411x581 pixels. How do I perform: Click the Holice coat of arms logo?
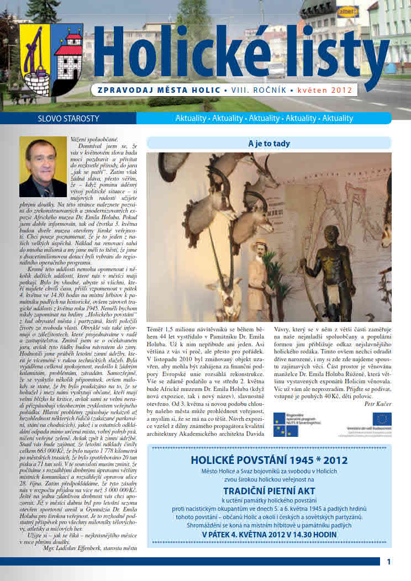coord(50,59)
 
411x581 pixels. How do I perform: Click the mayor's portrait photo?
coord(43,167)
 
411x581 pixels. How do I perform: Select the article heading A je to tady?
coord(268,144)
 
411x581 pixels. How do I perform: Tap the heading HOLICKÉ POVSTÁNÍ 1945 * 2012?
coord(269,460)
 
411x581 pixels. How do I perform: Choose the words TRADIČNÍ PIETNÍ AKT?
coord(269,492)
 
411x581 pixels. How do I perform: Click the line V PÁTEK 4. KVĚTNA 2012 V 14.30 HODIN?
coord(269,535)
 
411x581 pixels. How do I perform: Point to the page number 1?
coord(389,562)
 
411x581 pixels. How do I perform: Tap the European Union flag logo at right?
coord(381,419)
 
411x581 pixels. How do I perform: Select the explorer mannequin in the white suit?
coord(259,276)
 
